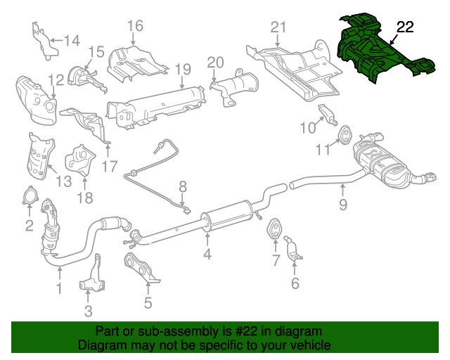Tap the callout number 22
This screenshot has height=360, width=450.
coord(406,27)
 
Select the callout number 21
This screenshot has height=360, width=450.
coord(279,27)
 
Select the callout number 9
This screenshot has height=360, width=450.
coord(343,205)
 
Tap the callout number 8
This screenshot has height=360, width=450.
coord(182,187)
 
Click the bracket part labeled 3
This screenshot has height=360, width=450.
coord(91,281)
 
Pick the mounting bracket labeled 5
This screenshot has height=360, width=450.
coord(141,270)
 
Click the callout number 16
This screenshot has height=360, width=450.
coord(134,27)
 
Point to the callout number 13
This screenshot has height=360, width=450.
coord(64,181)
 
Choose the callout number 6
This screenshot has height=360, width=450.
coord(295,283)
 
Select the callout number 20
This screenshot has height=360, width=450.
coord(215,62)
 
